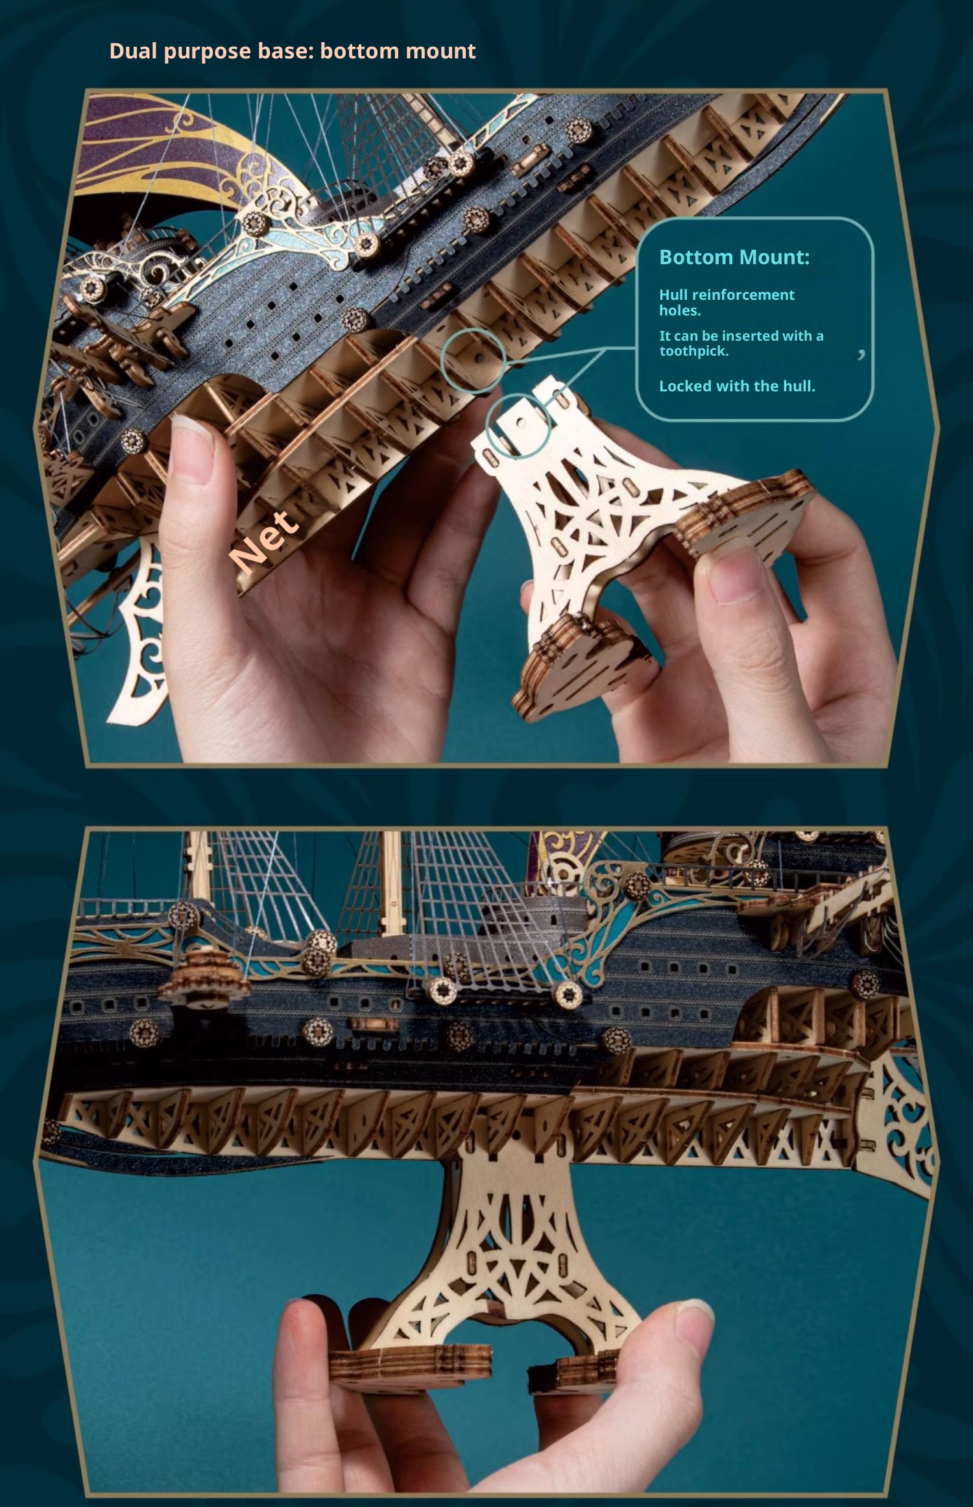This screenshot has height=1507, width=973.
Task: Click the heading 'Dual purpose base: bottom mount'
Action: (x=293, y=51)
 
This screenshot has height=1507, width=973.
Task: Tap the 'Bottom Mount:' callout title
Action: (x=734, y=257)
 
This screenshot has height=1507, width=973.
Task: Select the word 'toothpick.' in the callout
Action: (x=694, y=351)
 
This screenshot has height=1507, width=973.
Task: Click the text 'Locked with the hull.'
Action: (x=737, y=386)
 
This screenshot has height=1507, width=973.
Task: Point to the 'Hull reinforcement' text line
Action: (x=727, y=295)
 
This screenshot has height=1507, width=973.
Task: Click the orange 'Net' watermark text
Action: (x=265, y=541)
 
